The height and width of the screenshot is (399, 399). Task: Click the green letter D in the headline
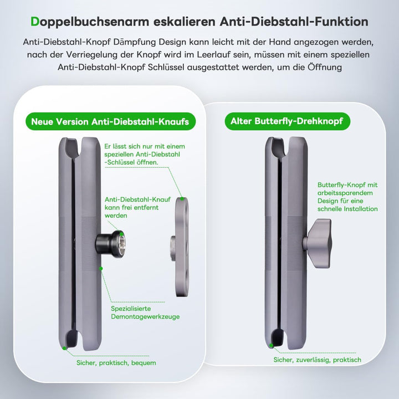35,22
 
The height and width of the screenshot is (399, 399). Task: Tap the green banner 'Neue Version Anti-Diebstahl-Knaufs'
110,121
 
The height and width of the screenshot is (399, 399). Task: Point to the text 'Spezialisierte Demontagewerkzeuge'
145,313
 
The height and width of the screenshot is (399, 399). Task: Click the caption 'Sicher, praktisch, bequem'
116,362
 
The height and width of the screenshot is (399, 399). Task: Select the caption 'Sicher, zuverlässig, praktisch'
317,360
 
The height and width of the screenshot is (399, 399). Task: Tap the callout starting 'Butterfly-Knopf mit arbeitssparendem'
348,197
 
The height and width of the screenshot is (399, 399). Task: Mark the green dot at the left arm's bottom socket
65,348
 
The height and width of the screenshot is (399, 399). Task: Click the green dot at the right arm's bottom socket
271,345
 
